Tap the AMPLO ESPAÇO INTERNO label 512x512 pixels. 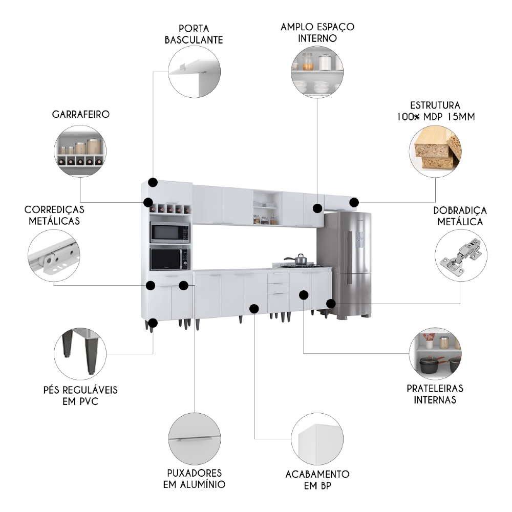point(317,32)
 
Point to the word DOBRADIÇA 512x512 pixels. point(460,211)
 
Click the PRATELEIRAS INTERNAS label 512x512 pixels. point(435,394)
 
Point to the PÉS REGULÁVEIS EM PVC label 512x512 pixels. point(80,395)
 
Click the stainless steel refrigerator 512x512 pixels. point(347,264)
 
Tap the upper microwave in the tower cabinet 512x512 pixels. point(169,233)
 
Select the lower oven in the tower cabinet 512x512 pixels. point(169,259)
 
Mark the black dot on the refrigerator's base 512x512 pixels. point(331,304)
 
